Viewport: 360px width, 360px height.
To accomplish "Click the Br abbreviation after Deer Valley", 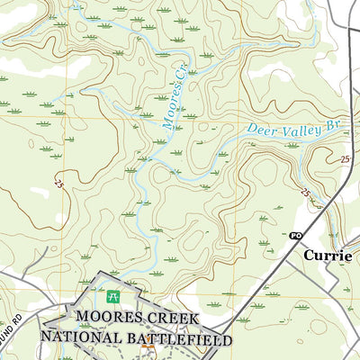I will (336, 122).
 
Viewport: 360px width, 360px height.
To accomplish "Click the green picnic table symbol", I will (113, 296).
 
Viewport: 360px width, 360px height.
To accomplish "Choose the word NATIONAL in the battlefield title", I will (80, 339).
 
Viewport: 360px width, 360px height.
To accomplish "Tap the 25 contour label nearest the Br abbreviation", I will (345, 158).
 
